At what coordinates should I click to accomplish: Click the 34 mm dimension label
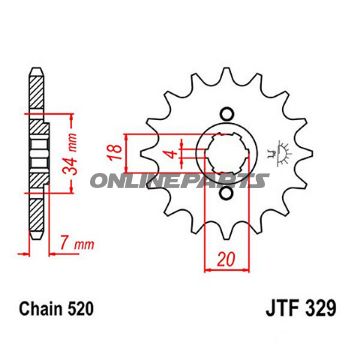71,154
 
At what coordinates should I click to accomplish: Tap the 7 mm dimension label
77,244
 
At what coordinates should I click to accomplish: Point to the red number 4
172,154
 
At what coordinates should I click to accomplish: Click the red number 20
227,259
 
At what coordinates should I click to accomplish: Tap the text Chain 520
56,309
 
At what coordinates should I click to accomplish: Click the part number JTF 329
301,309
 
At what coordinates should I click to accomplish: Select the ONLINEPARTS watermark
179,181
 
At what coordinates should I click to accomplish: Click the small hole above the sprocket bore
227,113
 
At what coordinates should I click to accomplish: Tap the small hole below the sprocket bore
227,194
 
